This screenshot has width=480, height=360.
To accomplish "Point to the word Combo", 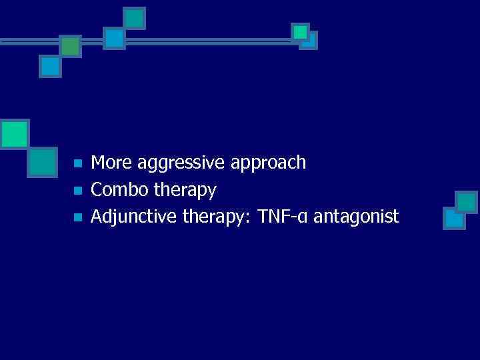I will click(x=119, y=190).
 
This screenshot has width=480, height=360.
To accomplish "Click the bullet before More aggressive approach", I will click(x=77, y=163).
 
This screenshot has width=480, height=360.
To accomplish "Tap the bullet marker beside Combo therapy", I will click(x=77, y=191).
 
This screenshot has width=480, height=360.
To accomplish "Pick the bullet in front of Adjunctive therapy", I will click(x=77, y=217).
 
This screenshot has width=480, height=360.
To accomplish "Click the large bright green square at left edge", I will click(x=14, y=133).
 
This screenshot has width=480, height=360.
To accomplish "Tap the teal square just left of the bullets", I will click(x=43, y=162).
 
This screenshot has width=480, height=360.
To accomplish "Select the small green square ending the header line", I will click(x=300, y=31).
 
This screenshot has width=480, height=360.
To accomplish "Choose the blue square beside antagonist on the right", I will click(x=454, y=217).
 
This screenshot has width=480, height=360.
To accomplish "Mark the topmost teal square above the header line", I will click(x=135, y=18).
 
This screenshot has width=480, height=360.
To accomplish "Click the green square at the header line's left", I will click(x=70, y=45).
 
